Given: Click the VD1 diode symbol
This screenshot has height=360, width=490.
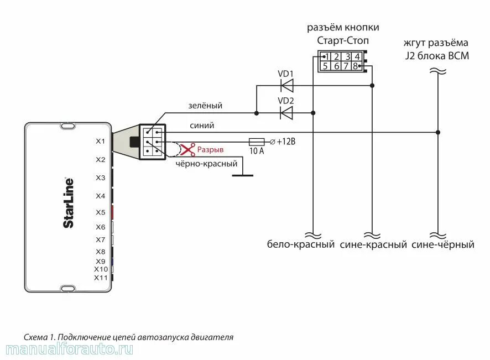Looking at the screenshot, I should [286, 85].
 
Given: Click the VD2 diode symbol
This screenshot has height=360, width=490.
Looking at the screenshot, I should [286, 113].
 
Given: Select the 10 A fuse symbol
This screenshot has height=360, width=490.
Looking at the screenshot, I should [257, 142].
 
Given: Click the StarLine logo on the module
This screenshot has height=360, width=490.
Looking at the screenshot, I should [68, 202].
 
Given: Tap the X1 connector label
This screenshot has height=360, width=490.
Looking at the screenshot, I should [100, 142].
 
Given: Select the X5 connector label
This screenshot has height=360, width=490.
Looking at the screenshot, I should [100, 212].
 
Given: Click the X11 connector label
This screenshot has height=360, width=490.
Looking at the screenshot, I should [100, 278].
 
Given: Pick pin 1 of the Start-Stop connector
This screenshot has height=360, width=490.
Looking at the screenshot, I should [327, 56].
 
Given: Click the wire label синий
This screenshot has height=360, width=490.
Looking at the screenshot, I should [201, 126].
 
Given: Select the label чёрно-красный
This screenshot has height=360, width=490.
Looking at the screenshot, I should [206, 164].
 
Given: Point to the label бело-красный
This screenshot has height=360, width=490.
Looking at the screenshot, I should [301, 244].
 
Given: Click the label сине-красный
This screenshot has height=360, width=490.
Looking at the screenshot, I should [373, 244].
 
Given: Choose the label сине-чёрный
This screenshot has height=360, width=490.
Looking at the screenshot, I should [443, 244].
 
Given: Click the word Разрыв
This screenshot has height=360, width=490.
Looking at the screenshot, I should [211, 150].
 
